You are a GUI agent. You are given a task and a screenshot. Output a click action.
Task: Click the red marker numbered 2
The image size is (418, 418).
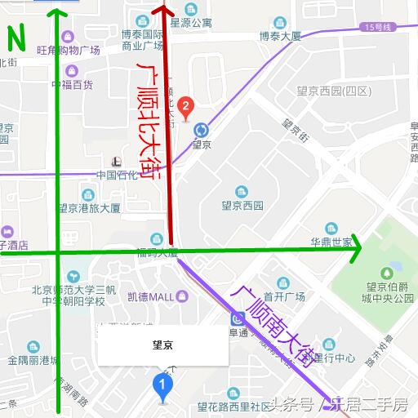[186, 105]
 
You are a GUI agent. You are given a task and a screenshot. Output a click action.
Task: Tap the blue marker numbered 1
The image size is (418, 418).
[164, 384]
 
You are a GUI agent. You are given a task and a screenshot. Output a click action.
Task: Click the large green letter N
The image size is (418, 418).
[16, 38]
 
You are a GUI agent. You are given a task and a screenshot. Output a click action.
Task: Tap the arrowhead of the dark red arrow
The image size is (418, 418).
[162, 11]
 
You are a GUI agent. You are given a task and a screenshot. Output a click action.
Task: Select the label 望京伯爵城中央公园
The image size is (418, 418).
[389, 292]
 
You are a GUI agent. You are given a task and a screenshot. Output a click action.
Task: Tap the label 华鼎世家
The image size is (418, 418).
[331, 242]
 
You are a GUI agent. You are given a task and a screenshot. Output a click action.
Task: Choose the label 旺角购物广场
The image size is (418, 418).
[69, 51]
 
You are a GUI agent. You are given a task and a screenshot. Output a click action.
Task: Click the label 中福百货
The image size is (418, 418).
[72, 84]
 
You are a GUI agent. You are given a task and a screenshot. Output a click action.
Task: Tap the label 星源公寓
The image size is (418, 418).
[191, 23]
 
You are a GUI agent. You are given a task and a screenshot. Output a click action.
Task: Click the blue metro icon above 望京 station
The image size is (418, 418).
[201, 129]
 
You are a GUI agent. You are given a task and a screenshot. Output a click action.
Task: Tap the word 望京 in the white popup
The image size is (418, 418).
[162, 345]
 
